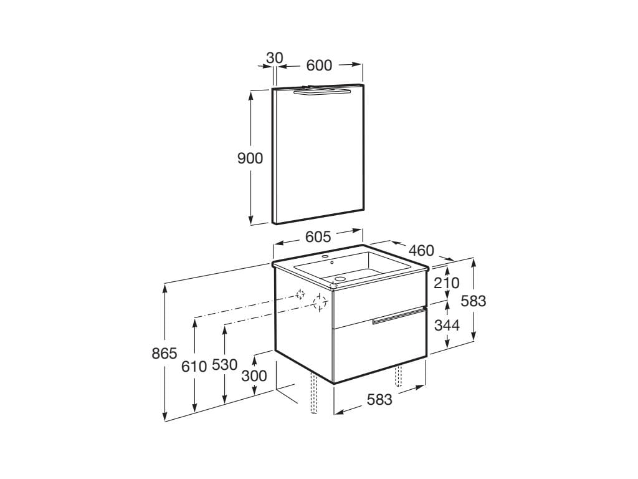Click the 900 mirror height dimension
pos(250,158)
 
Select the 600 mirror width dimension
pos(319,65)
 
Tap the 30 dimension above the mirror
pos(275,58)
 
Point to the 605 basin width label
pos(318,236)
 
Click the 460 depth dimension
pos(421,250)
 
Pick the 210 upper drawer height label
pos(446,283)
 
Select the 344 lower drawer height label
pos(447,325)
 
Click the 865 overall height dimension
pos(164,353)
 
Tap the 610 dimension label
pos(194,367)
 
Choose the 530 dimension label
pos(224,364)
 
